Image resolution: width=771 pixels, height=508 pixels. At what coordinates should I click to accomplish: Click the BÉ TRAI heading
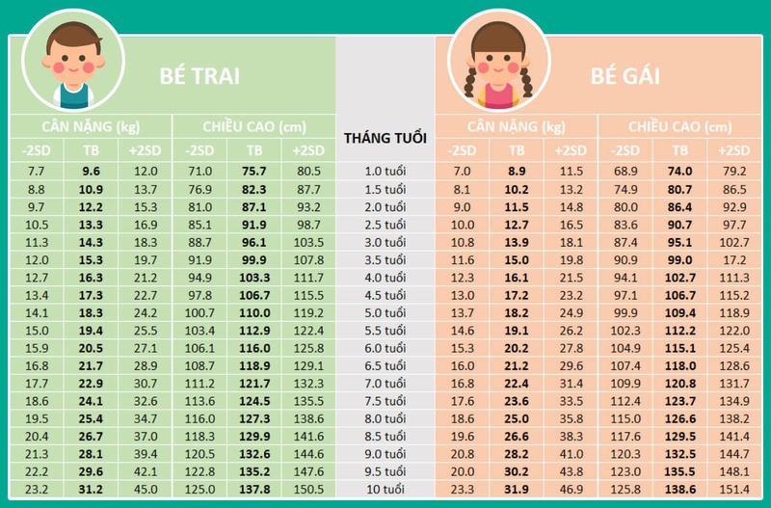[x=199, y=75]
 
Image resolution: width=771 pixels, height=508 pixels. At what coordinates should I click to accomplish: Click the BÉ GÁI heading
[x=625, y=75]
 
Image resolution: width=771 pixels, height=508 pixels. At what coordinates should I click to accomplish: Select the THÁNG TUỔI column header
[x=385, y=138]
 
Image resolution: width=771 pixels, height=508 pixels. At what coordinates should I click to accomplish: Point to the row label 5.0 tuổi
[x=385, y=312]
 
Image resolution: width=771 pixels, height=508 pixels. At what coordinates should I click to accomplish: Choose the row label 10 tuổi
[x=385, y=489]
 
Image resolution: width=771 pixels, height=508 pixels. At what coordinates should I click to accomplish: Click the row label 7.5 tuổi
[x=385, y=401]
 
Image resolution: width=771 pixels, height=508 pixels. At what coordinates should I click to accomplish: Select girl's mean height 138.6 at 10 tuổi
[x=679, y=489]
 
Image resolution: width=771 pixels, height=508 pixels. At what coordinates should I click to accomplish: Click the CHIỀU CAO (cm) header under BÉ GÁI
[x=679, y=126]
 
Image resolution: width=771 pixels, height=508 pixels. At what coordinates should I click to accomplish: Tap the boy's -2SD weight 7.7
[x=36, y=172]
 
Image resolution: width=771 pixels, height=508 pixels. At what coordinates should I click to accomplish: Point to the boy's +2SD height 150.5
[x=309, y=489]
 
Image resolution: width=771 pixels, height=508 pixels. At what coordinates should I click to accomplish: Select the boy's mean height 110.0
[x=254, y=312]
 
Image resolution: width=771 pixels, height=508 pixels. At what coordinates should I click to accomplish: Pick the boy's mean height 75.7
[x=254, y=172]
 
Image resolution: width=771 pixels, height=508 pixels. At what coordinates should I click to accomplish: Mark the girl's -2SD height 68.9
[x=625, y=172]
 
